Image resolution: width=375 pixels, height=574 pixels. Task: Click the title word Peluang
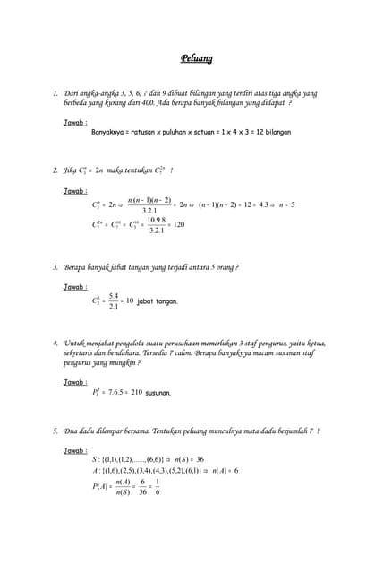[x=196, y=60]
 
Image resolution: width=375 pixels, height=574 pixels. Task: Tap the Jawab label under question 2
[x=76, y=190]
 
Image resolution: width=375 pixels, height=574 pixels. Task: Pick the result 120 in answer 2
[x=179, y=224]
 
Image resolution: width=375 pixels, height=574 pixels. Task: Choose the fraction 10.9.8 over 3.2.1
[x=156, y=224]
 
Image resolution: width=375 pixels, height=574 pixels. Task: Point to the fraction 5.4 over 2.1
[x=114, y=300]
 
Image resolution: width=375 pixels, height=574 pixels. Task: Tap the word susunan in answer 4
[x=158, y=392]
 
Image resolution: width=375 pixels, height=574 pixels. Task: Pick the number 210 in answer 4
[x=136, y=392]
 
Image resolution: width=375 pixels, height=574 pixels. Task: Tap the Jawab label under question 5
[x=76, y=450]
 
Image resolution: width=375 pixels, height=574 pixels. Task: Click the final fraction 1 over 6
[x=158, y=485]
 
